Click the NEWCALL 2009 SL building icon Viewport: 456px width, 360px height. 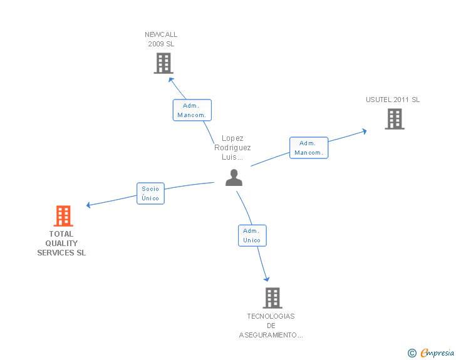coord(163,63)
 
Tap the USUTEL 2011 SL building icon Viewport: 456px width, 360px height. coord(394,119)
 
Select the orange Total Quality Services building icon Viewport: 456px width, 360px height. coord(63,216)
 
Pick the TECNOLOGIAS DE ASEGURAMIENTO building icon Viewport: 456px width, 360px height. coord(272,298)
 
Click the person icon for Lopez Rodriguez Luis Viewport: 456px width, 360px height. coord(234,178)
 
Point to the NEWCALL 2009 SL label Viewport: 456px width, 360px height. coord(161,39)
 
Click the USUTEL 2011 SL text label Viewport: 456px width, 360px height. coord(393,100)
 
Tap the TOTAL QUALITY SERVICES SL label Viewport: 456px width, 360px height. coord(61,244)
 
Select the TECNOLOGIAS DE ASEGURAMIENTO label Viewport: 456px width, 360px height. coord(271,326)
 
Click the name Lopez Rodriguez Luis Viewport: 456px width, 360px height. coord(232,148)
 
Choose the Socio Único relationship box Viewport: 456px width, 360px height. coord(150,193)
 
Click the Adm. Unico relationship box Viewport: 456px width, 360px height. coord(252,235)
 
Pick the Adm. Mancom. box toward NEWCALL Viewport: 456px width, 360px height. coord(192,110)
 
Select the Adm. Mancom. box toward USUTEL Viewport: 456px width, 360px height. coord(308,148)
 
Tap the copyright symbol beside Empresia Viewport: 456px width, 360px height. coord(412,353)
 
